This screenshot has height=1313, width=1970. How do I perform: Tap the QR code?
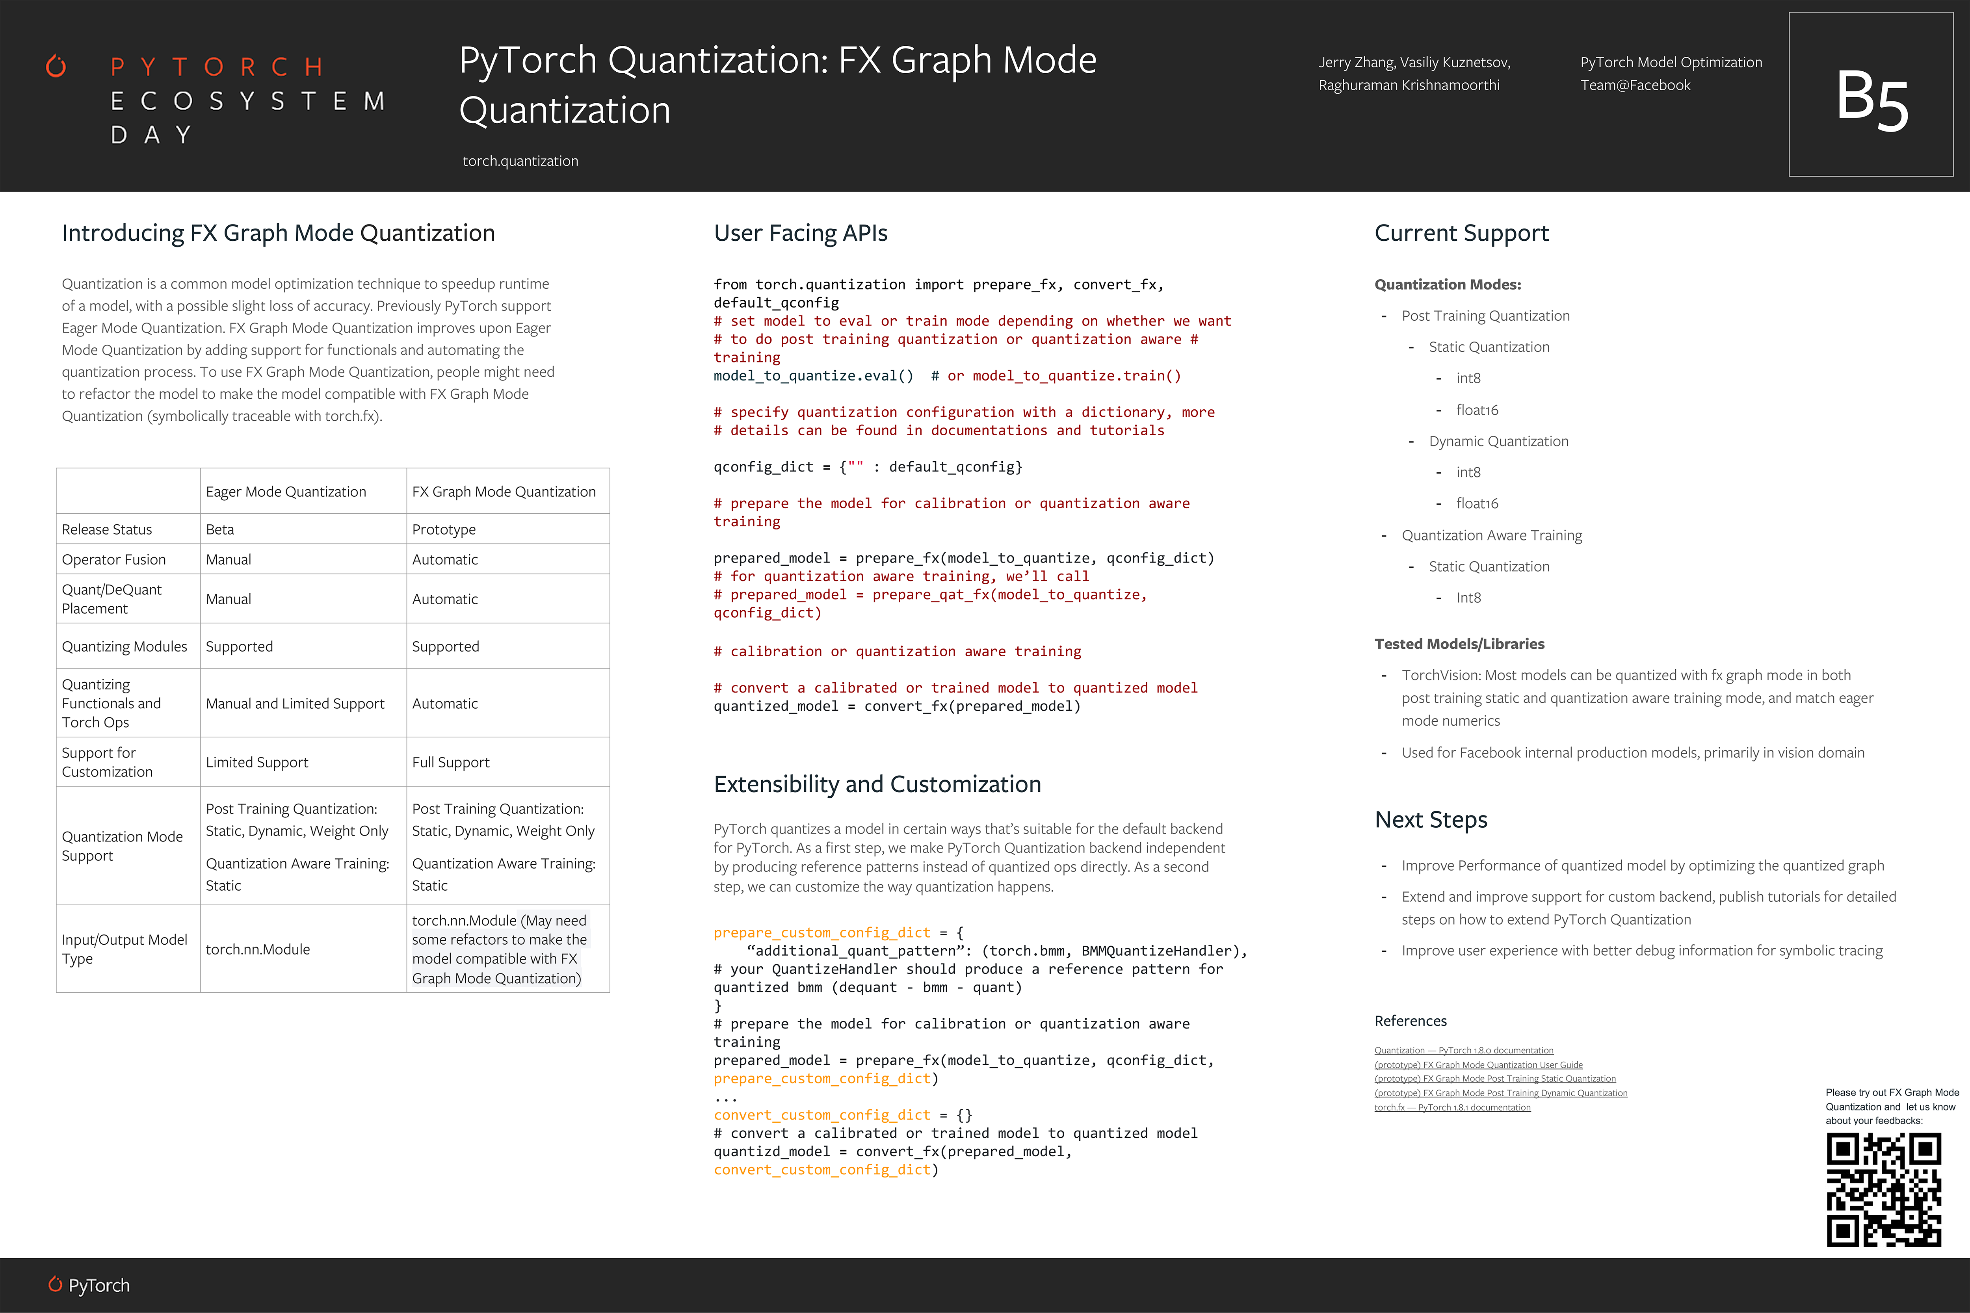pyautogui.click(x=1884, y=1189)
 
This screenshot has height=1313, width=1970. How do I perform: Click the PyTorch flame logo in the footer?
pyautogui.click(x=55, y=1285)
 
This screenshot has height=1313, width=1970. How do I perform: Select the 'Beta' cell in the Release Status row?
pyautogui.click(x=220, y=529)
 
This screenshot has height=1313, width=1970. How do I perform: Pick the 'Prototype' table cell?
pyautogui.click(x=444, y=529)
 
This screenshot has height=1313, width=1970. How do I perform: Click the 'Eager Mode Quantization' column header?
pyautogui.click(x=286, y=492)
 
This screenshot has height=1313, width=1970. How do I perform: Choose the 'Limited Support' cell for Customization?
pyautogui.click(x=257, y=762)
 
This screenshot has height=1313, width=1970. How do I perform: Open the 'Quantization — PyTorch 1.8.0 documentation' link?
pyautogui.click(x=1463, y=1050)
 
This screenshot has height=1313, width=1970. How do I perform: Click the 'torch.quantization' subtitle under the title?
pyautogui.click(x=520, y=161)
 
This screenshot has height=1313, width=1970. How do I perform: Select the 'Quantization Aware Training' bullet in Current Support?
pyautogui.click(x=1492, y=535)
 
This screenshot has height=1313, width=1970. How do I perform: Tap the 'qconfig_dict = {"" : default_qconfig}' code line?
pyautogui.click(x=868, y=466)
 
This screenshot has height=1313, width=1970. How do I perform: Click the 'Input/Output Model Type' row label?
pyautogui.click(x=124, y=949)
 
